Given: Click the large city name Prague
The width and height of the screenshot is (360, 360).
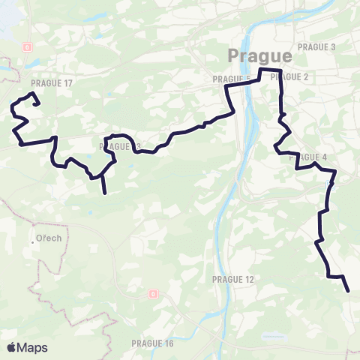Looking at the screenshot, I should click(x=259, y=56).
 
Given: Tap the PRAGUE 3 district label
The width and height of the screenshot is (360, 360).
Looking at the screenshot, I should click(x=317, y=46).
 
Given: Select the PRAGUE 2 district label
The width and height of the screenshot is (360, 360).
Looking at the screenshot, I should click(x=292, y=76).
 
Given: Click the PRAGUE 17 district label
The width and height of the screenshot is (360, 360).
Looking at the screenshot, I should click(x=52, y=83).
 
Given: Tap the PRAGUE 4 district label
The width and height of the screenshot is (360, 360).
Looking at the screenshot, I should click(x=308, y=157).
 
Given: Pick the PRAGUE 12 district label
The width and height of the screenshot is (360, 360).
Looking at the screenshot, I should click(x=234, y=279).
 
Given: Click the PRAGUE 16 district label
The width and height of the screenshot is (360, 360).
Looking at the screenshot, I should click(x=152, y=343).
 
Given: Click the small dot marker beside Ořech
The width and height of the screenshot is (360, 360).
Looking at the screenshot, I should click(x=34, y=241).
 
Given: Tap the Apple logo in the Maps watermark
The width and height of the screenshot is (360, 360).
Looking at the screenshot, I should click(x=12, y=347).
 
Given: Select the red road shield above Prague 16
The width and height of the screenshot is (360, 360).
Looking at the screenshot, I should click(x=153, y=294).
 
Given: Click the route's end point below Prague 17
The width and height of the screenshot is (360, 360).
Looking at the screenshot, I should click(x=37, y=104).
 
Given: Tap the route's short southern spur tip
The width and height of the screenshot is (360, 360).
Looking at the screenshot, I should click(x=105, y=193).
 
